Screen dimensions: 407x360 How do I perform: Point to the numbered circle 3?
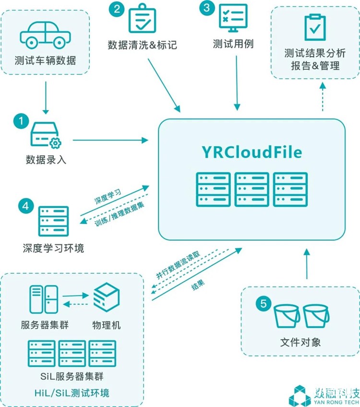click(207, 8)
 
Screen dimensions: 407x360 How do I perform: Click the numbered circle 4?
click(25, 207)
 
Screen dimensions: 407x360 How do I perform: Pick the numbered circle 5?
click(261, 304)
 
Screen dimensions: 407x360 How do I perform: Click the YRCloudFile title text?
click(252, 153)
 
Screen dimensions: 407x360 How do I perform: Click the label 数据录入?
click(46, 160)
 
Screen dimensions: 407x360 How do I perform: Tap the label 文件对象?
click(300, 343)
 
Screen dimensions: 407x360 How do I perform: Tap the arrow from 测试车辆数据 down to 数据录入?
click(46, 96)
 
